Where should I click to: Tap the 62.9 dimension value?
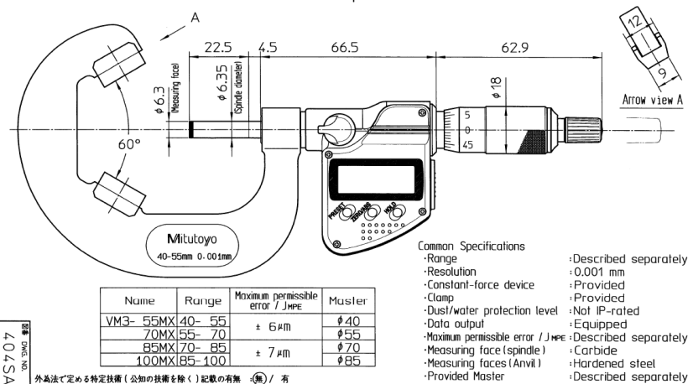pos(509,49)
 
